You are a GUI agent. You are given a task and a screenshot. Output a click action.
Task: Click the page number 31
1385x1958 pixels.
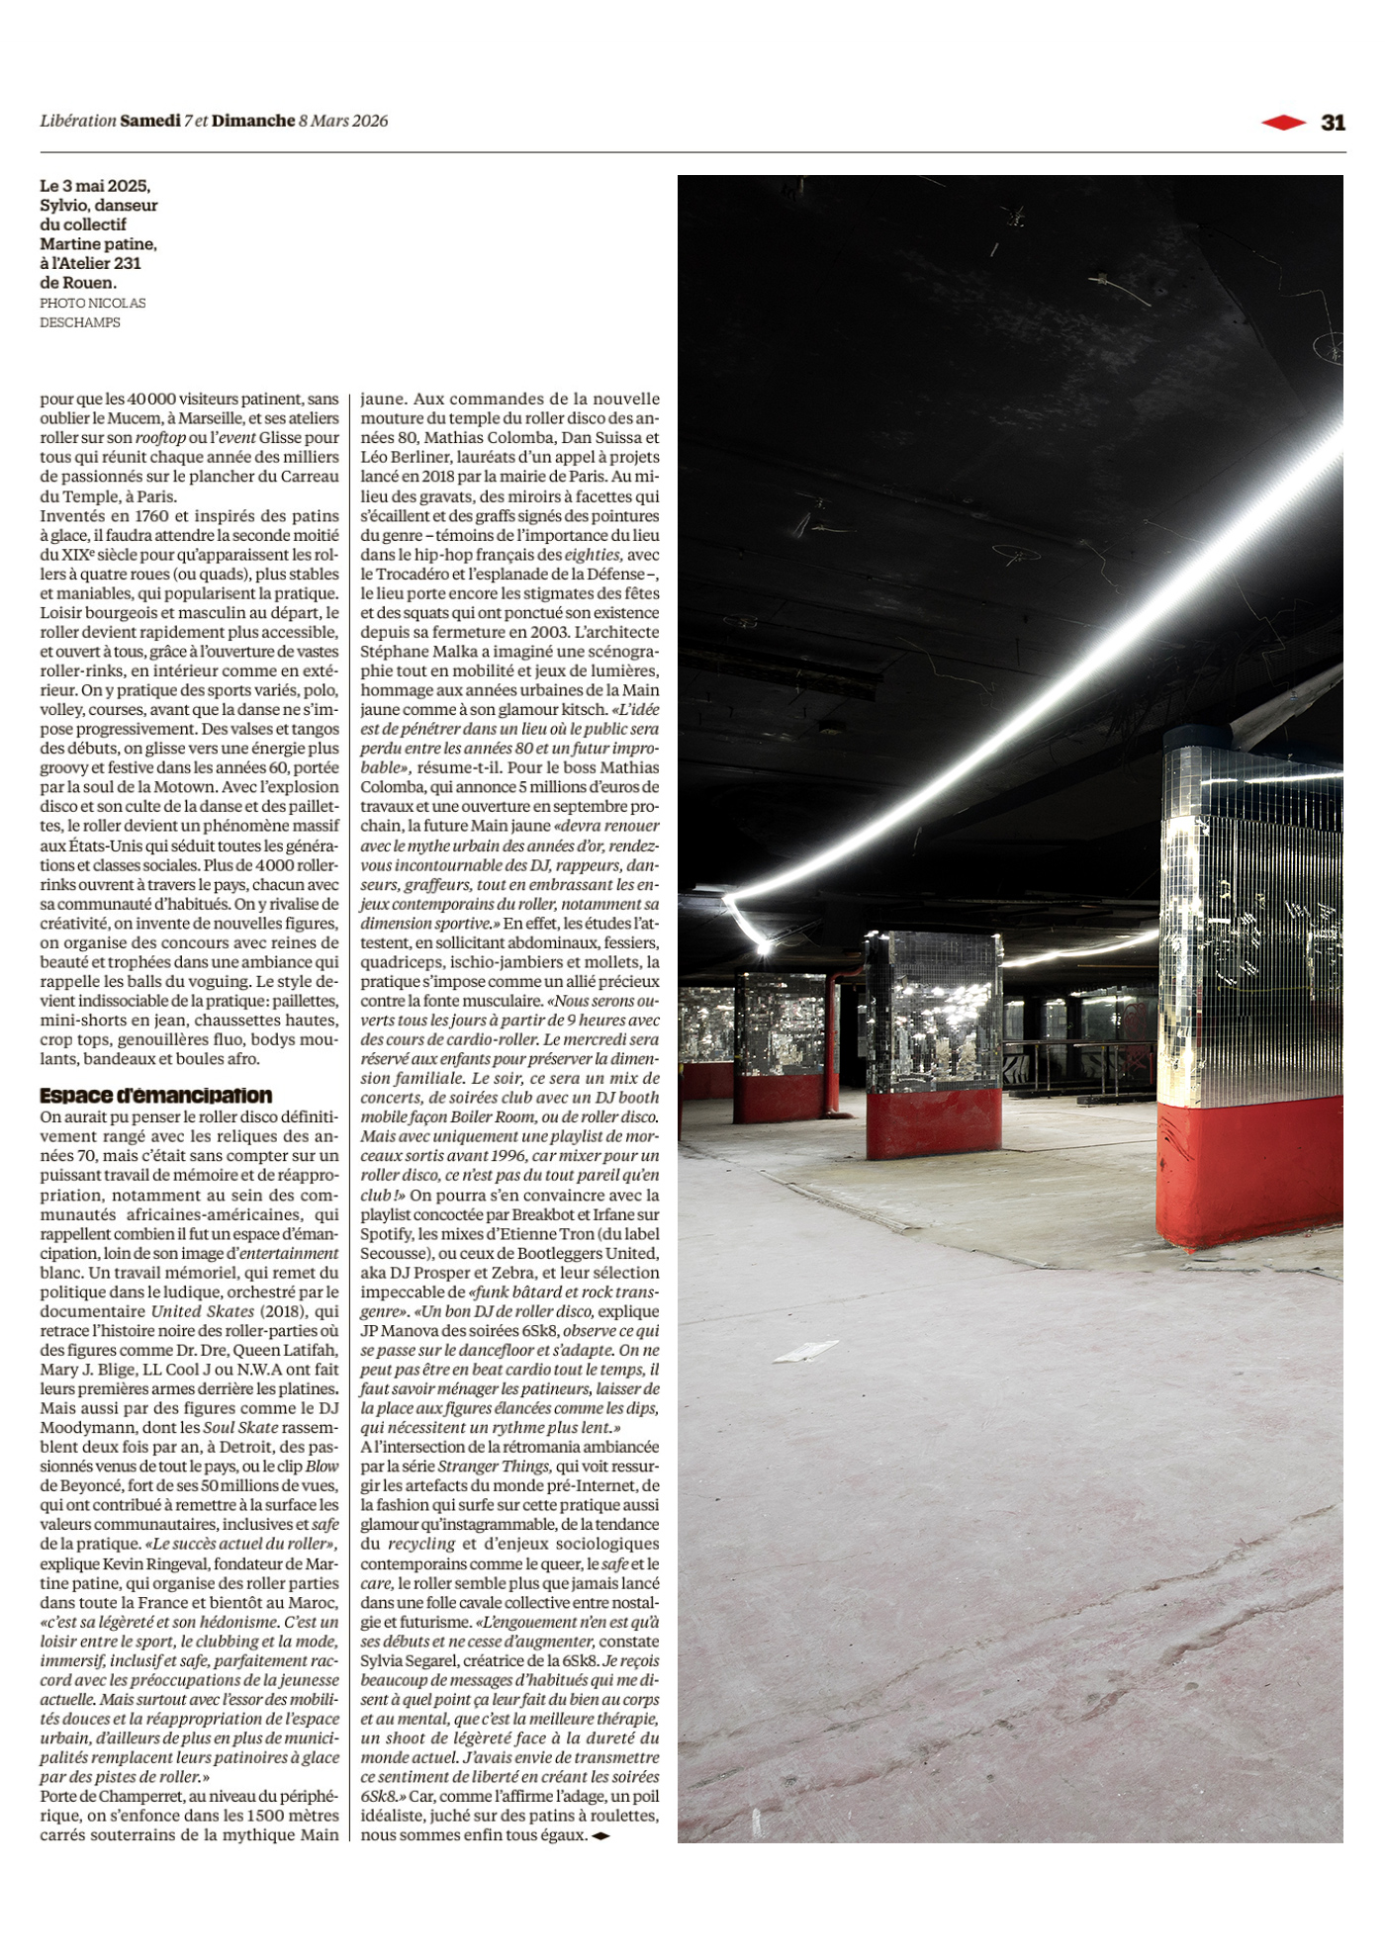[1333, 122]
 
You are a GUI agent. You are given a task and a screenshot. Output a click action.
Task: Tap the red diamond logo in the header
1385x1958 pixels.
[1283, 122]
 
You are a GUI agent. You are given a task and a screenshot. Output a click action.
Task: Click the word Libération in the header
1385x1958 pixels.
[78, 121]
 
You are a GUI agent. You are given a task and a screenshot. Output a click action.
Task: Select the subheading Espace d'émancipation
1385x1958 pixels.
[155, 1096]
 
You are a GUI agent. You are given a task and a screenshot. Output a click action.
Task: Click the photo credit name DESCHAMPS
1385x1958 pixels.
[80, 322]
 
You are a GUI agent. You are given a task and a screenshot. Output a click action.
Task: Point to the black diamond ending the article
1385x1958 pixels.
[600, 1836]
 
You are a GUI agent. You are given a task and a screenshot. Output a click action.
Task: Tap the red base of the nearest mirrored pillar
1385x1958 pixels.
[1248, 1172]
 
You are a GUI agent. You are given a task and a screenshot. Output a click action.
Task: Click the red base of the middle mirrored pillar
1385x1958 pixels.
[933, 1122]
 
